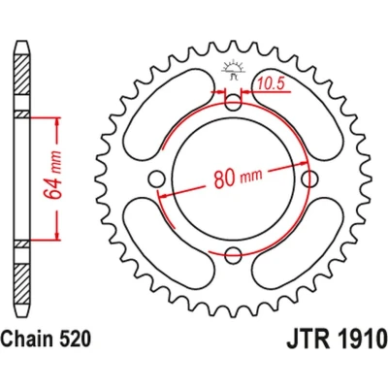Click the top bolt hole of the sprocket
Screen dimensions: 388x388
coord(233,103)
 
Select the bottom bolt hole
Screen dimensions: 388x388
coord(233,255)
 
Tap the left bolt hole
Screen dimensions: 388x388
coord(157,178)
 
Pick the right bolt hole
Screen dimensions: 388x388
coord(309,178)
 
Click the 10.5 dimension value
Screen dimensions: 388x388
coord(271,84)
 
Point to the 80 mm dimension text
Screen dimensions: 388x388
coord(238,178)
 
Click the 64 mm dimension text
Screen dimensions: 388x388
coord(52,175)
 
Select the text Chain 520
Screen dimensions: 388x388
coord(46,338)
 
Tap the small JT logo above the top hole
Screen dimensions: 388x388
coord(232,69)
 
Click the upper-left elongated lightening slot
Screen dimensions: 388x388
coord(169,114)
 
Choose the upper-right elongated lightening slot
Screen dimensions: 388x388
coord(297,113)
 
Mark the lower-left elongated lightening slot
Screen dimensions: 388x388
coord(169,243)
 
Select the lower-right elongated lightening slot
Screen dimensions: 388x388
coord(297,243)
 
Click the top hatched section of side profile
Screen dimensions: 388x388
coord(22,75)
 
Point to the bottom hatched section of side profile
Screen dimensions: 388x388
coord(22,284)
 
